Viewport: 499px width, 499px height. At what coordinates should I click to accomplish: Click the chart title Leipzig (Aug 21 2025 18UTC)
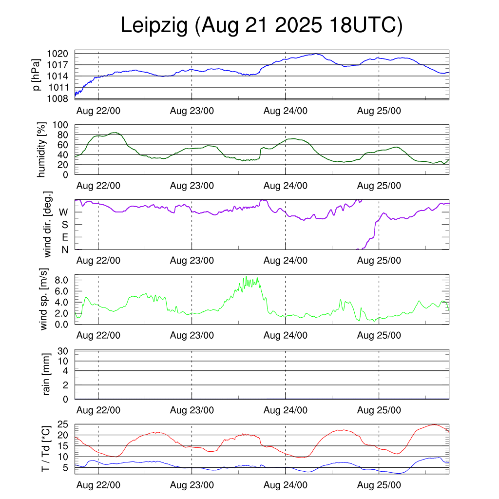click(x=262, y=26)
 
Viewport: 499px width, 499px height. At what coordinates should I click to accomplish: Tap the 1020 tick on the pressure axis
click(x=61, y=54)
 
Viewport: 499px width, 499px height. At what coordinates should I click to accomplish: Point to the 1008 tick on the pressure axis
click(x=61, y=99)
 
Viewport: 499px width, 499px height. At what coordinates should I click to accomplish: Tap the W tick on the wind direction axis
click(x=63, y=212)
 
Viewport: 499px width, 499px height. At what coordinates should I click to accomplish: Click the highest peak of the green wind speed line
click(x=247, y=277)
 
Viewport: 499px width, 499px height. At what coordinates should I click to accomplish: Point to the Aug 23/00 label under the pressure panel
click(x=192, y=111)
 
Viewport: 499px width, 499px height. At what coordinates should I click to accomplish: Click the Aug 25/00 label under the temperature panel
click(x=379, y=485)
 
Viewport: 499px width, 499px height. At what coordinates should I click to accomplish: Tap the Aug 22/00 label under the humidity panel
click(x=98, y=186)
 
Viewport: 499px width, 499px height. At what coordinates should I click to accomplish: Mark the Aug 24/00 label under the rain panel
click(x=286, y=410)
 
